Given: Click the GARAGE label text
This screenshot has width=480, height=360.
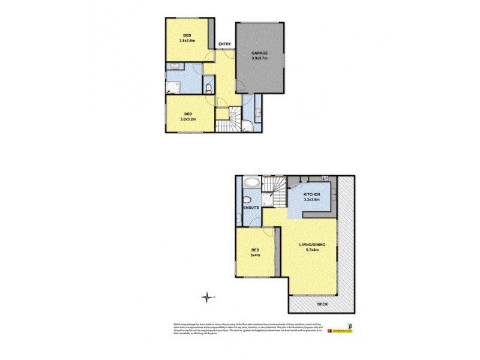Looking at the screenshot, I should (x=259, y=53).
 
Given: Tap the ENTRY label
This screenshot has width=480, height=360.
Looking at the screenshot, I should (x=225, y=44).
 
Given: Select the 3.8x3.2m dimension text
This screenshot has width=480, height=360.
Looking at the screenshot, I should (x=188, y=119).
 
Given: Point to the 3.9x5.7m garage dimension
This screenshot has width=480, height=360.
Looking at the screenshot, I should (x=259, y=59).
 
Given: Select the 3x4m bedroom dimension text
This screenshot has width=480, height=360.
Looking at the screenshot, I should (x=254, y=255).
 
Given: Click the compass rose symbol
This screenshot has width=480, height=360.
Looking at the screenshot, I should (x=208, y=296).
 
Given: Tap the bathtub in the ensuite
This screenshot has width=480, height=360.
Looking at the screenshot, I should (x=251, y=182).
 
